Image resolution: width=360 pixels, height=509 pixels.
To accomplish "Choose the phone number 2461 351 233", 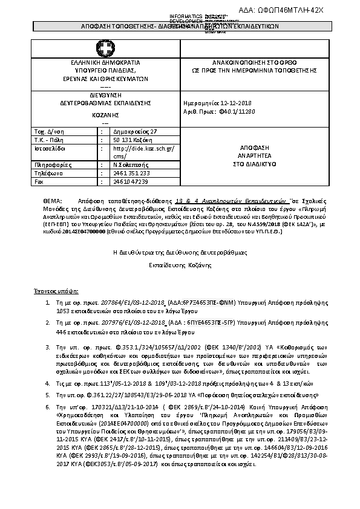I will tap(132, 173).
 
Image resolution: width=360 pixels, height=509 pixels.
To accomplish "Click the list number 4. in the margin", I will tap(48, 383).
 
